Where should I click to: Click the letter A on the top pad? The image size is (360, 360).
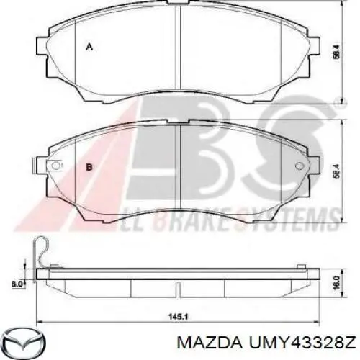(x=89, y=47)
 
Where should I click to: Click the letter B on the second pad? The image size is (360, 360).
(x=89, y=167)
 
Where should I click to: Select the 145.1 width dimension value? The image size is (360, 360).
(x=177, y=317)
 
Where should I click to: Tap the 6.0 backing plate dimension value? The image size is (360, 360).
(x=17, y=284)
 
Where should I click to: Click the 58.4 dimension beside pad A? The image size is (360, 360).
(x=337, y=52)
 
